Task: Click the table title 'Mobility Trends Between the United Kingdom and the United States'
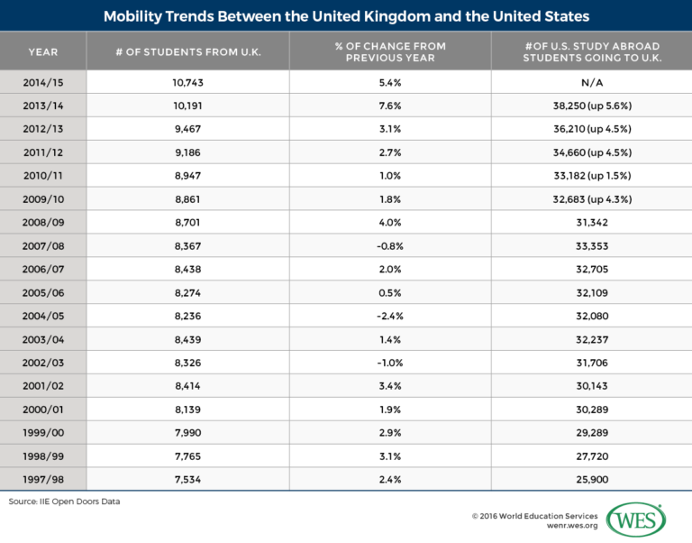tap(346, 15)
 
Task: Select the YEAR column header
tap(43, 51)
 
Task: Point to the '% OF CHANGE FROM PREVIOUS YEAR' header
tap(390, 51)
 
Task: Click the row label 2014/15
tap(43, 82)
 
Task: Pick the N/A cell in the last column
tap(592, 82)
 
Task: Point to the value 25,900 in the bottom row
tap(592, 479)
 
